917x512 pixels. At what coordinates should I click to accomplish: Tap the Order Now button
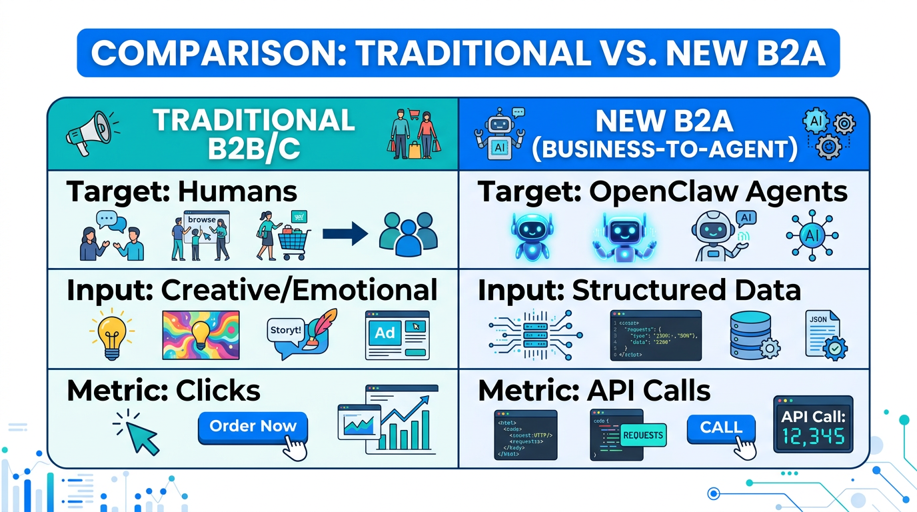click(253, 427)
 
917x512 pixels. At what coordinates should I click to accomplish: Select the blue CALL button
click(720, 427)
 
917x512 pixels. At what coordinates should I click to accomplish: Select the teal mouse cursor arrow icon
click(140, 435)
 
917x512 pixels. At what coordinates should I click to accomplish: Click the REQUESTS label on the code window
click(642, 435)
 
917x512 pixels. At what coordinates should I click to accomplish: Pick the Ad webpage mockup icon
click(397, 335)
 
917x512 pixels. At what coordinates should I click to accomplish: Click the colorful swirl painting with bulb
click(201, 335)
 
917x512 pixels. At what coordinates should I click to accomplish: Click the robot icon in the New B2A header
click(498, 133)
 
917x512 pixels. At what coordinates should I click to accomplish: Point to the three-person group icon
click(408, 235)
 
